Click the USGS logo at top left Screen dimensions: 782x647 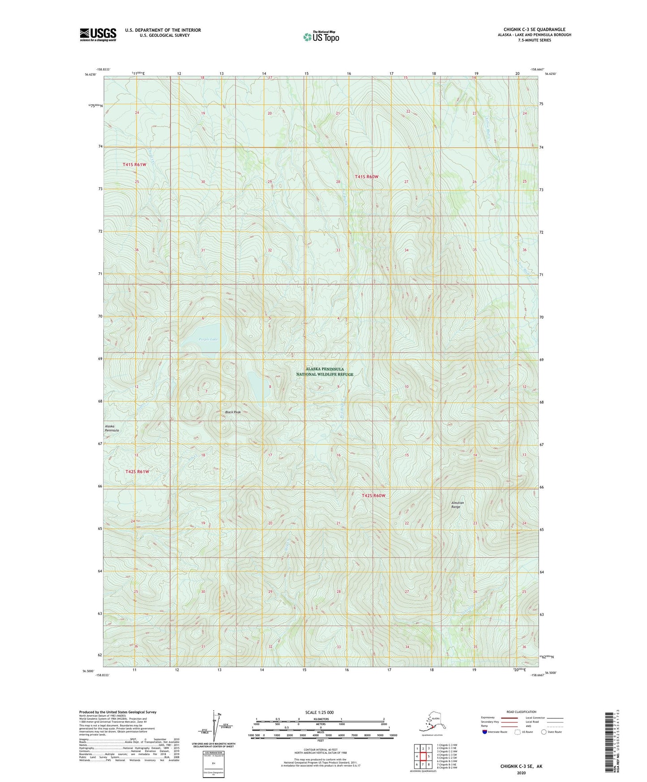pos(98,34)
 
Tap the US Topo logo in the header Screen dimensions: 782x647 pos(321,37)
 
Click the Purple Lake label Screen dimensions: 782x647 pos(208,339)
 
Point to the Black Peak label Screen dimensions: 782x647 pos(233,412)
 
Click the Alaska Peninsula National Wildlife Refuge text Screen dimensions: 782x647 pos(325,372)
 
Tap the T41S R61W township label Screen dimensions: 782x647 pos(135,165)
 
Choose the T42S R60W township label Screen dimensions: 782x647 pos(373,496)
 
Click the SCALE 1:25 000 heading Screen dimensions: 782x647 pos(319,712)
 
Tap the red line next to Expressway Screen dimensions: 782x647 pos(509,718)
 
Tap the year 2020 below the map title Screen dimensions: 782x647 pos(521,773)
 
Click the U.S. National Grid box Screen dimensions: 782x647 pos(213,765)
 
